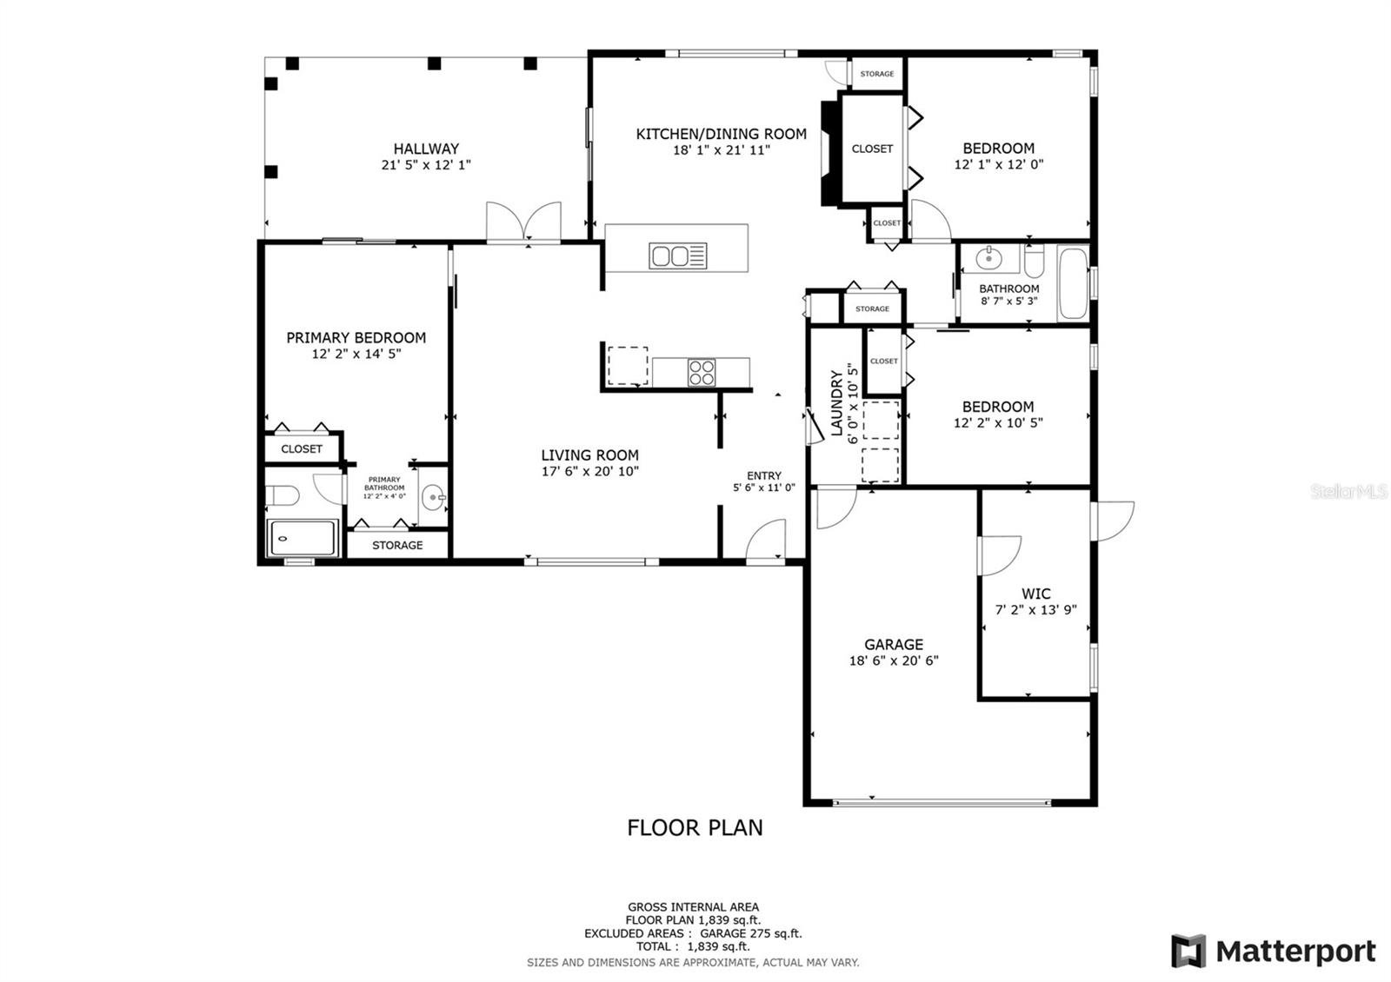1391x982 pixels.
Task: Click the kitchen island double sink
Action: [678, 255]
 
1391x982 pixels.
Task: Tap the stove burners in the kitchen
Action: [702, 372]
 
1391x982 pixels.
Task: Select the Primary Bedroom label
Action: [356, 338]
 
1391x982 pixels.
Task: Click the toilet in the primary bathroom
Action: [283, 496]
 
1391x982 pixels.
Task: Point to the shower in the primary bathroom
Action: [302, 538]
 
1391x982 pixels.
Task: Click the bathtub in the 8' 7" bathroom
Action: [1072, 285]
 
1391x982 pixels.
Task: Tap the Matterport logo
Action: [1275, 951]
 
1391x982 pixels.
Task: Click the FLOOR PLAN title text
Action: [695, 827]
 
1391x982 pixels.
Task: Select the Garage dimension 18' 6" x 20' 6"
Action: [894, 660]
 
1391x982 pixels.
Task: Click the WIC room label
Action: [1035, 594]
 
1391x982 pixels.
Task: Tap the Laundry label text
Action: [836, 403]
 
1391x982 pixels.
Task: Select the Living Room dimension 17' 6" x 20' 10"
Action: [590, 471]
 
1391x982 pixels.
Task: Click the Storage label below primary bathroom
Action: [397, 545]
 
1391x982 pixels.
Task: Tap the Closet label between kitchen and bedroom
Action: [872, 149]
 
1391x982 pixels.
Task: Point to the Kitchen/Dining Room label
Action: [722, 134]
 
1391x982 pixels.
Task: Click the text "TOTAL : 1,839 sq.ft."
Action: [693, 946]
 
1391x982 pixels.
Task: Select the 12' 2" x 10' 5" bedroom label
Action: [998, 407]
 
